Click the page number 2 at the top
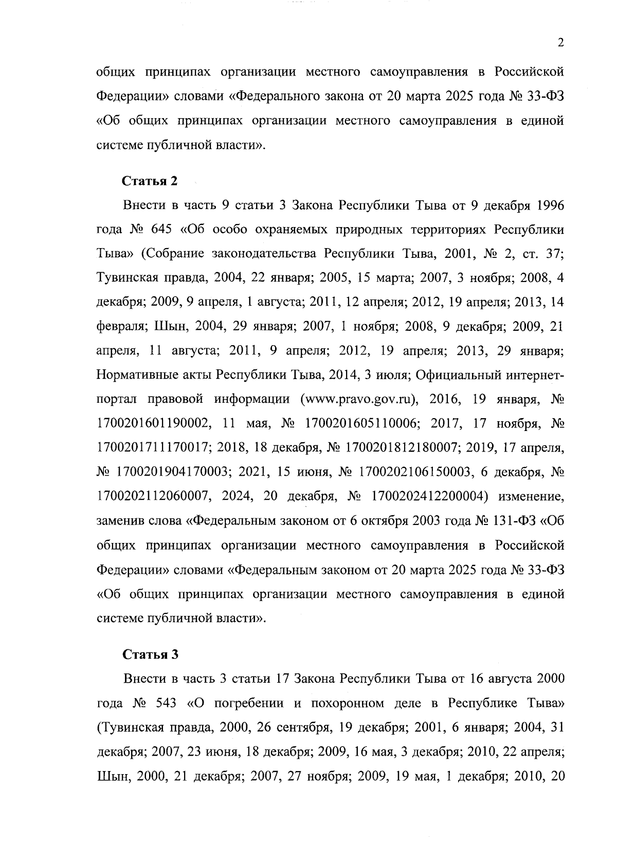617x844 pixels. pos(560,43)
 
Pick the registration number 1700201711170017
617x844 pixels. pos(153,448)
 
